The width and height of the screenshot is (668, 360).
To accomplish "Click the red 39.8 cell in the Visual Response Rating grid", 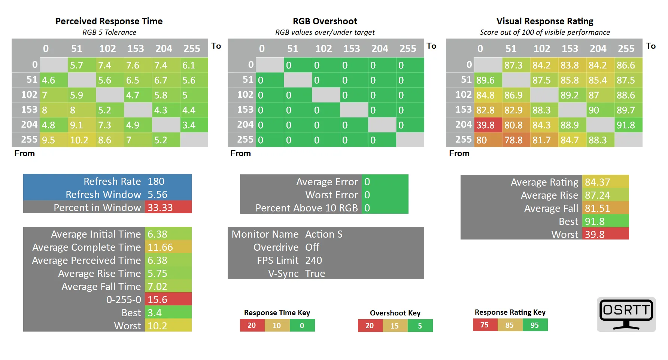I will click(488, 125).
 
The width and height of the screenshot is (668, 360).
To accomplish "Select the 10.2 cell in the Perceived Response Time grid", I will click(82, 140).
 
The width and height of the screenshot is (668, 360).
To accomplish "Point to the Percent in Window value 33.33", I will click(168, 207).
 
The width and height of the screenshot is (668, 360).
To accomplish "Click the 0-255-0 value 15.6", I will click(168, 299).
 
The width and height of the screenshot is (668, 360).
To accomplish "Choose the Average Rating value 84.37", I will click(605, 182).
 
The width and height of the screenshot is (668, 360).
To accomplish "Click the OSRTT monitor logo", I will click(626, 314).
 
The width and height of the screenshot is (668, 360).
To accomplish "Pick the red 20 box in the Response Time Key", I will click(252, 325).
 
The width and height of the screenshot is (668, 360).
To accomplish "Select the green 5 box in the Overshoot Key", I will click(420, 326).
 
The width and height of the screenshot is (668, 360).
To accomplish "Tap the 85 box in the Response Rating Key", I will click(510, 325).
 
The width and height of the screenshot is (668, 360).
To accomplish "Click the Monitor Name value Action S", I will click(324, 234).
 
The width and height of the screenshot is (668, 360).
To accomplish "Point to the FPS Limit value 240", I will click(314, 260).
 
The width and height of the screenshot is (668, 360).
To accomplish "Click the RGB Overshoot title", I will click(325, 21).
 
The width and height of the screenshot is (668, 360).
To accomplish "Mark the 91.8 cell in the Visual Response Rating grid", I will click(628, 125).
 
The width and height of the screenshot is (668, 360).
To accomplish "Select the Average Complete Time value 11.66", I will click(168, 247).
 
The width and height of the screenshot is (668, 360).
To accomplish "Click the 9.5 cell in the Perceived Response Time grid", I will click(54, 140).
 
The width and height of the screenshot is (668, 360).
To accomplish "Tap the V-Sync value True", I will click(315, 274).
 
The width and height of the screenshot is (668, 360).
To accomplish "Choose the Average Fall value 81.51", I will click(605, 208).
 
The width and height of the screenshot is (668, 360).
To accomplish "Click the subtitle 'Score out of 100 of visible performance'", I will click(545, 32).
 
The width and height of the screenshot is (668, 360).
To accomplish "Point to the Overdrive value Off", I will click(312, 247).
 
